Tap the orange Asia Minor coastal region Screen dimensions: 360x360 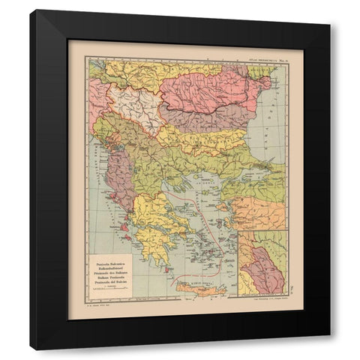click(x=259, y=214)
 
